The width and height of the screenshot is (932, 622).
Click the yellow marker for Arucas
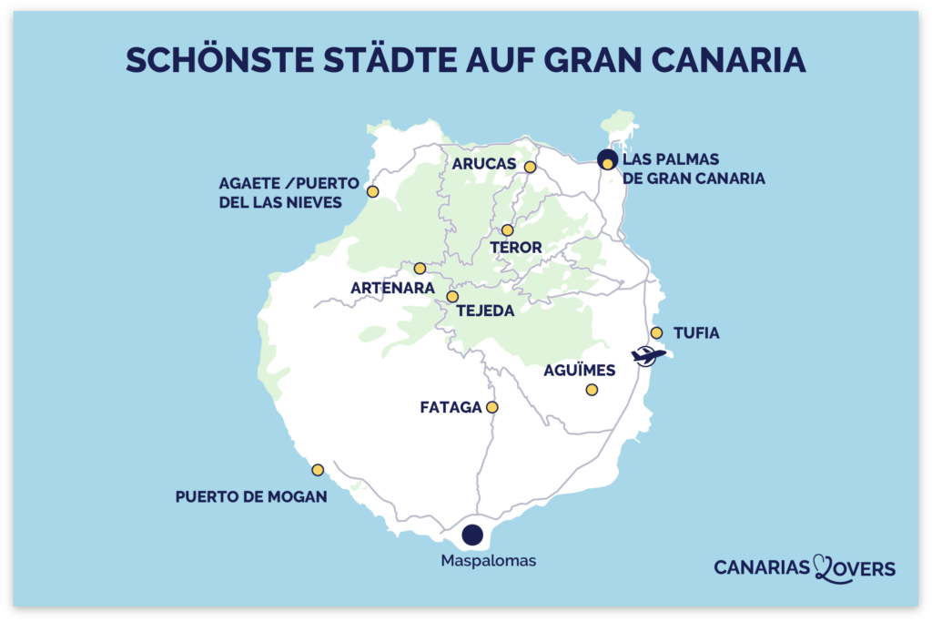(x=530, y=167)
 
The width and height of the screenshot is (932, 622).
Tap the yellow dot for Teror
(x=507, y=230)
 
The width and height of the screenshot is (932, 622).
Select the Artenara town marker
(x=420, y=269)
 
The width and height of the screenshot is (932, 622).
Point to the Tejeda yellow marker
(x=452, y=297)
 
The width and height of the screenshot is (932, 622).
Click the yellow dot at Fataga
(x=492, y=407)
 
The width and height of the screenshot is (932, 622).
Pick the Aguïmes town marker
(x=592, y=390)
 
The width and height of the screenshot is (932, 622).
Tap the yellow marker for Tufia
(x=656, y=333)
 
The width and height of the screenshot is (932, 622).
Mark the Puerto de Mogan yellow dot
(x=318, y=470)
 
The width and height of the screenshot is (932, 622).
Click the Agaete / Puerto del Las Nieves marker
(x=372, y=191)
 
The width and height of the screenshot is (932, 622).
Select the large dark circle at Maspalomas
(x=471, y=535)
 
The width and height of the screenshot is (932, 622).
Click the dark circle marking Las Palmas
(x=607, y=160)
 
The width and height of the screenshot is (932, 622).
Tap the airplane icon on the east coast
(x=648, y=355)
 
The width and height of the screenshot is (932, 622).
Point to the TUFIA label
(x=696, y=333)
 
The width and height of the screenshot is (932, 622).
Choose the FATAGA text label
(x=451, y=407)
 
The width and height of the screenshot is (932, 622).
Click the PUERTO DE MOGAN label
(x=250, y=497)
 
